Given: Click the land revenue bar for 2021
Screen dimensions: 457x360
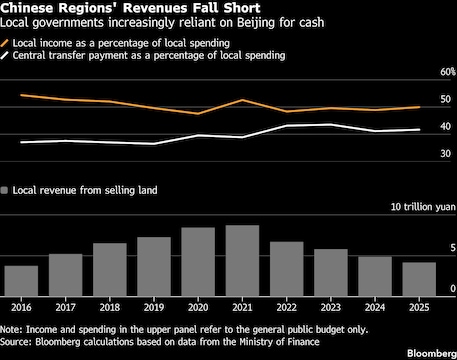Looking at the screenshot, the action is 242,261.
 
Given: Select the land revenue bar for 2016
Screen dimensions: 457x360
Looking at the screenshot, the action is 21,281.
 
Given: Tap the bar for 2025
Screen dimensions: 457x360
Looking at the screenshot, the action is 419,279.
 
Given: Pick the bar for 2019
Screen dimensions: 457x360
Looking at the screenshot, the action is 154,267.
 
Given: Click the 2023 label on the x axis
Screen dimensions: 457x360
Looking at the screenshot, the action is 331,307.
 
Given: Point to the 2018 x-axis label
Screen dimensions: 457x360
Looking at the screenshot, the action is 110,307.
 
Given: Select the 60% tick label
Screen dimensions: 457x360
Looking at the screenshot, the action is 448,72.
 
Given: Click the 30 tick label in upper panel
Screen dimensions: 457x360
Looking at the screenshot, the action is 445,154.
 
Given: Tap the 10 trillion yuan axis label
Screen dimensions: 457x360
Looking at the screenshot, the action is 423,207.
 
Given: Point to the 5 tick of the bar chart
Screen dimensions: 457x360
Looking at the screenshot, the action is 452,248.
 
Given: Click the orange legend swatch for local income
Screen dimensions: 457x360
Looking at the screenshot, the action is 5,43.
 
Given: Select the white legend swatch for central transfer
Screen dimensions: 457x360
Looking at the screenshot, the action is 5,55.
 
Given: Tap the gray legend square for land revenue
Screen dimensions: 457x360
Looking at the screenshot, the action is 4,190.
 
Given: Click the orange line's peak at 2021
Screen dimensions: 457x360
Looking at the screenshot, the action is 243,100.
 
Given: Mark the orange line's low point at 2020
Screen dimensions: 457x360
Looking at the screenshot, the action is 198,114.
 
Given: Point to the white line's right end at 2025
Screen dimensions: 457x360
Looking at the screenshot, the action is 419,130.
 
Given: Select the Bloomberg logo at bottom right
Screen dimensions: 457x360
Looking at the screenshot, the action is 432,353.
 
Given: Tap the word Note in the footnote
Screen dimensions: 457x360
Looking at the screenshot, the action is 11,330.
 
